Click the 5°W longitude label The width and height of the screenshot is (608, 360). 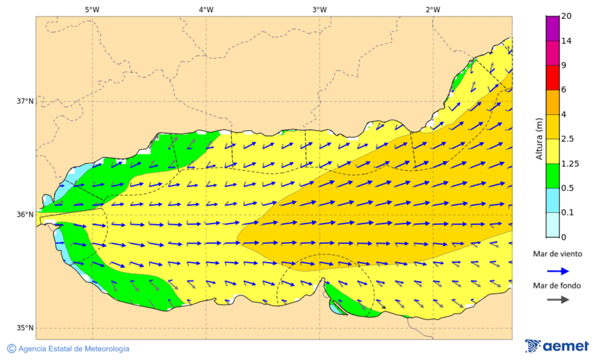click(92, 9)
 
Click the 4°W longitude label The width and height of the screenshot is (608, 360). click(206, 9)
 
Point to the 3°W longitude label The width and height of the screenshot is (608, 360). click(320, 9)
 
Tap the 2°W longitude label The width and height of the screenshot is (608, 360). click(433, 9)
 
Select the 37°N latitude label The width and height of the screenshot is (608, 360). click(25, 101)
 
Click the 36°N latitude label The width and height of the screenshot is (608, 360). click(25, 215)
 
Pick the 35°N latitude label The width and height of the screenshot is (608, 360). click(25, 328)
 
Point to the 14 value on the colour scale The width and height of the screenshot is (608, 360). click(567, 41)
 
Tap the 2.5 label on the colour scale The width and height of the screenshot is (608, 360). click(569, 139)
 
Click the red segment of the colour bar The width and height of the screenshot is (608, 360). click(553, 78)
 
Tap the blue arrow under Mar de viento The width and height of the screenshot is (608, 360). click(557, 270)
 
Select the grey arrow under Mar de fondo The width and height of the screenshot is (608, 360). click(557, 299)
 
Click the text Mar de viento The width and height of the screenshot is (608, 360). click(557, 254)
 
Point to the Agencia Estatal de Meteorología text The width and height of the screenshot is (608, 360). click(74, 349)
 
